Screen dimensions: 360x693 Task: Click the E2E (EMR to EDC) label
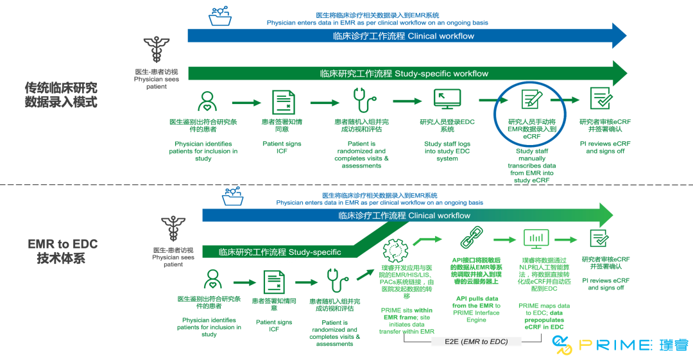[x=475, y=341]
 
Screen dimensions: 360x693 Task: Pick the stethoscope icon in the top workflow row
[x=363, y=101]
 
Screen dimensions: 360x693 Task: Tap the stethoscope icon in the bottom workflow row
[x=334, y=280]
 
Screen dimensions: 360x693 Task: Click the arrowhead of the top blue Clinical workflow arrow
[x=619, y=36]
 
